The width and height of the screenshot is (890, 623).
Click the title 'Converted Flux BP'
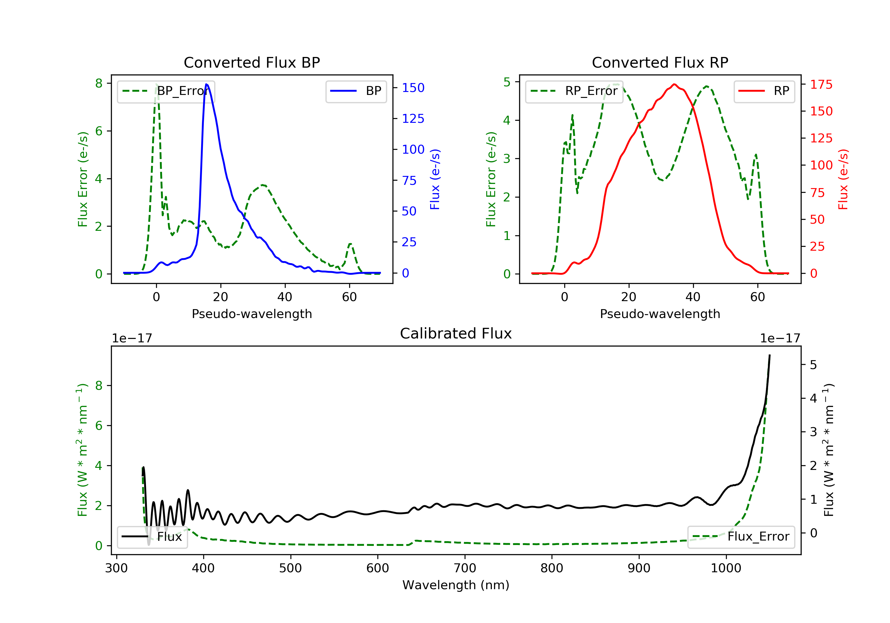tap(252, 62)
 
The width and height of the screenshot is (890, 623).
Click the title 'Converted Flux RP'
tap(660, 62)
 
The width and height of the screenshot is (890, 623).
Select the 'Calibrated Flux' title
tap(456, 333)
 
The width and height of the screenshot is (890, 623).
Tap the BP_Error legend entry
tap(166, 91)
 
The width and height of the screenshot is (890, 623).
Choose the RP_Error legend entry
tap(574, 91)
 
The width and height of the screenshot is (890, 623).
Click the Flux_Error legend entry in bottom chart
tap(741, 537)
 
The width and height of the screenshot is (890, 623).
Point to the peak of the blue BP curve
tap(206, 84)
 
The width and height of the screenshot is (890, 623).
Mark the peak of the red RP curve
tap(675, 84)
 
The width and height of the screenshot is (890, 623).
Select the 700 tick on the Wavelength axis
tap(465, 568)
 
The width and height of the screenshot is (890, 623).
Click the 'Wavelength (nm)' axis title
tap(456, 585)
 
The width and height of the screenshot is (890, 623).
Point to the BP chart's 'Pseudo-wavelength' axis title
tap(252, 314)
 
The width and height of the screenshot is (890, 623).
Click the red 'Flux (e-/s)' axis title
tap(843, 179)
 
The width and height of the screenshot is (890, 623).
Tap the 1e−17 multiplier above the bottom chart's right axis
tap(780, 338)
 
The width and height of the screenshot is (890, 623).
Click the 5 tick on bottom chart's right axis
tap(813, 365)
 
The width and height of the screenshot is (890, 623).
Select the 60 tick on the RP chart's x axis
tap(757, 297)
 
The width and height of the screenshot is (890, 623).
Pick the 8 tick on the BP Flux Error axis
tap(99, 83)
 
